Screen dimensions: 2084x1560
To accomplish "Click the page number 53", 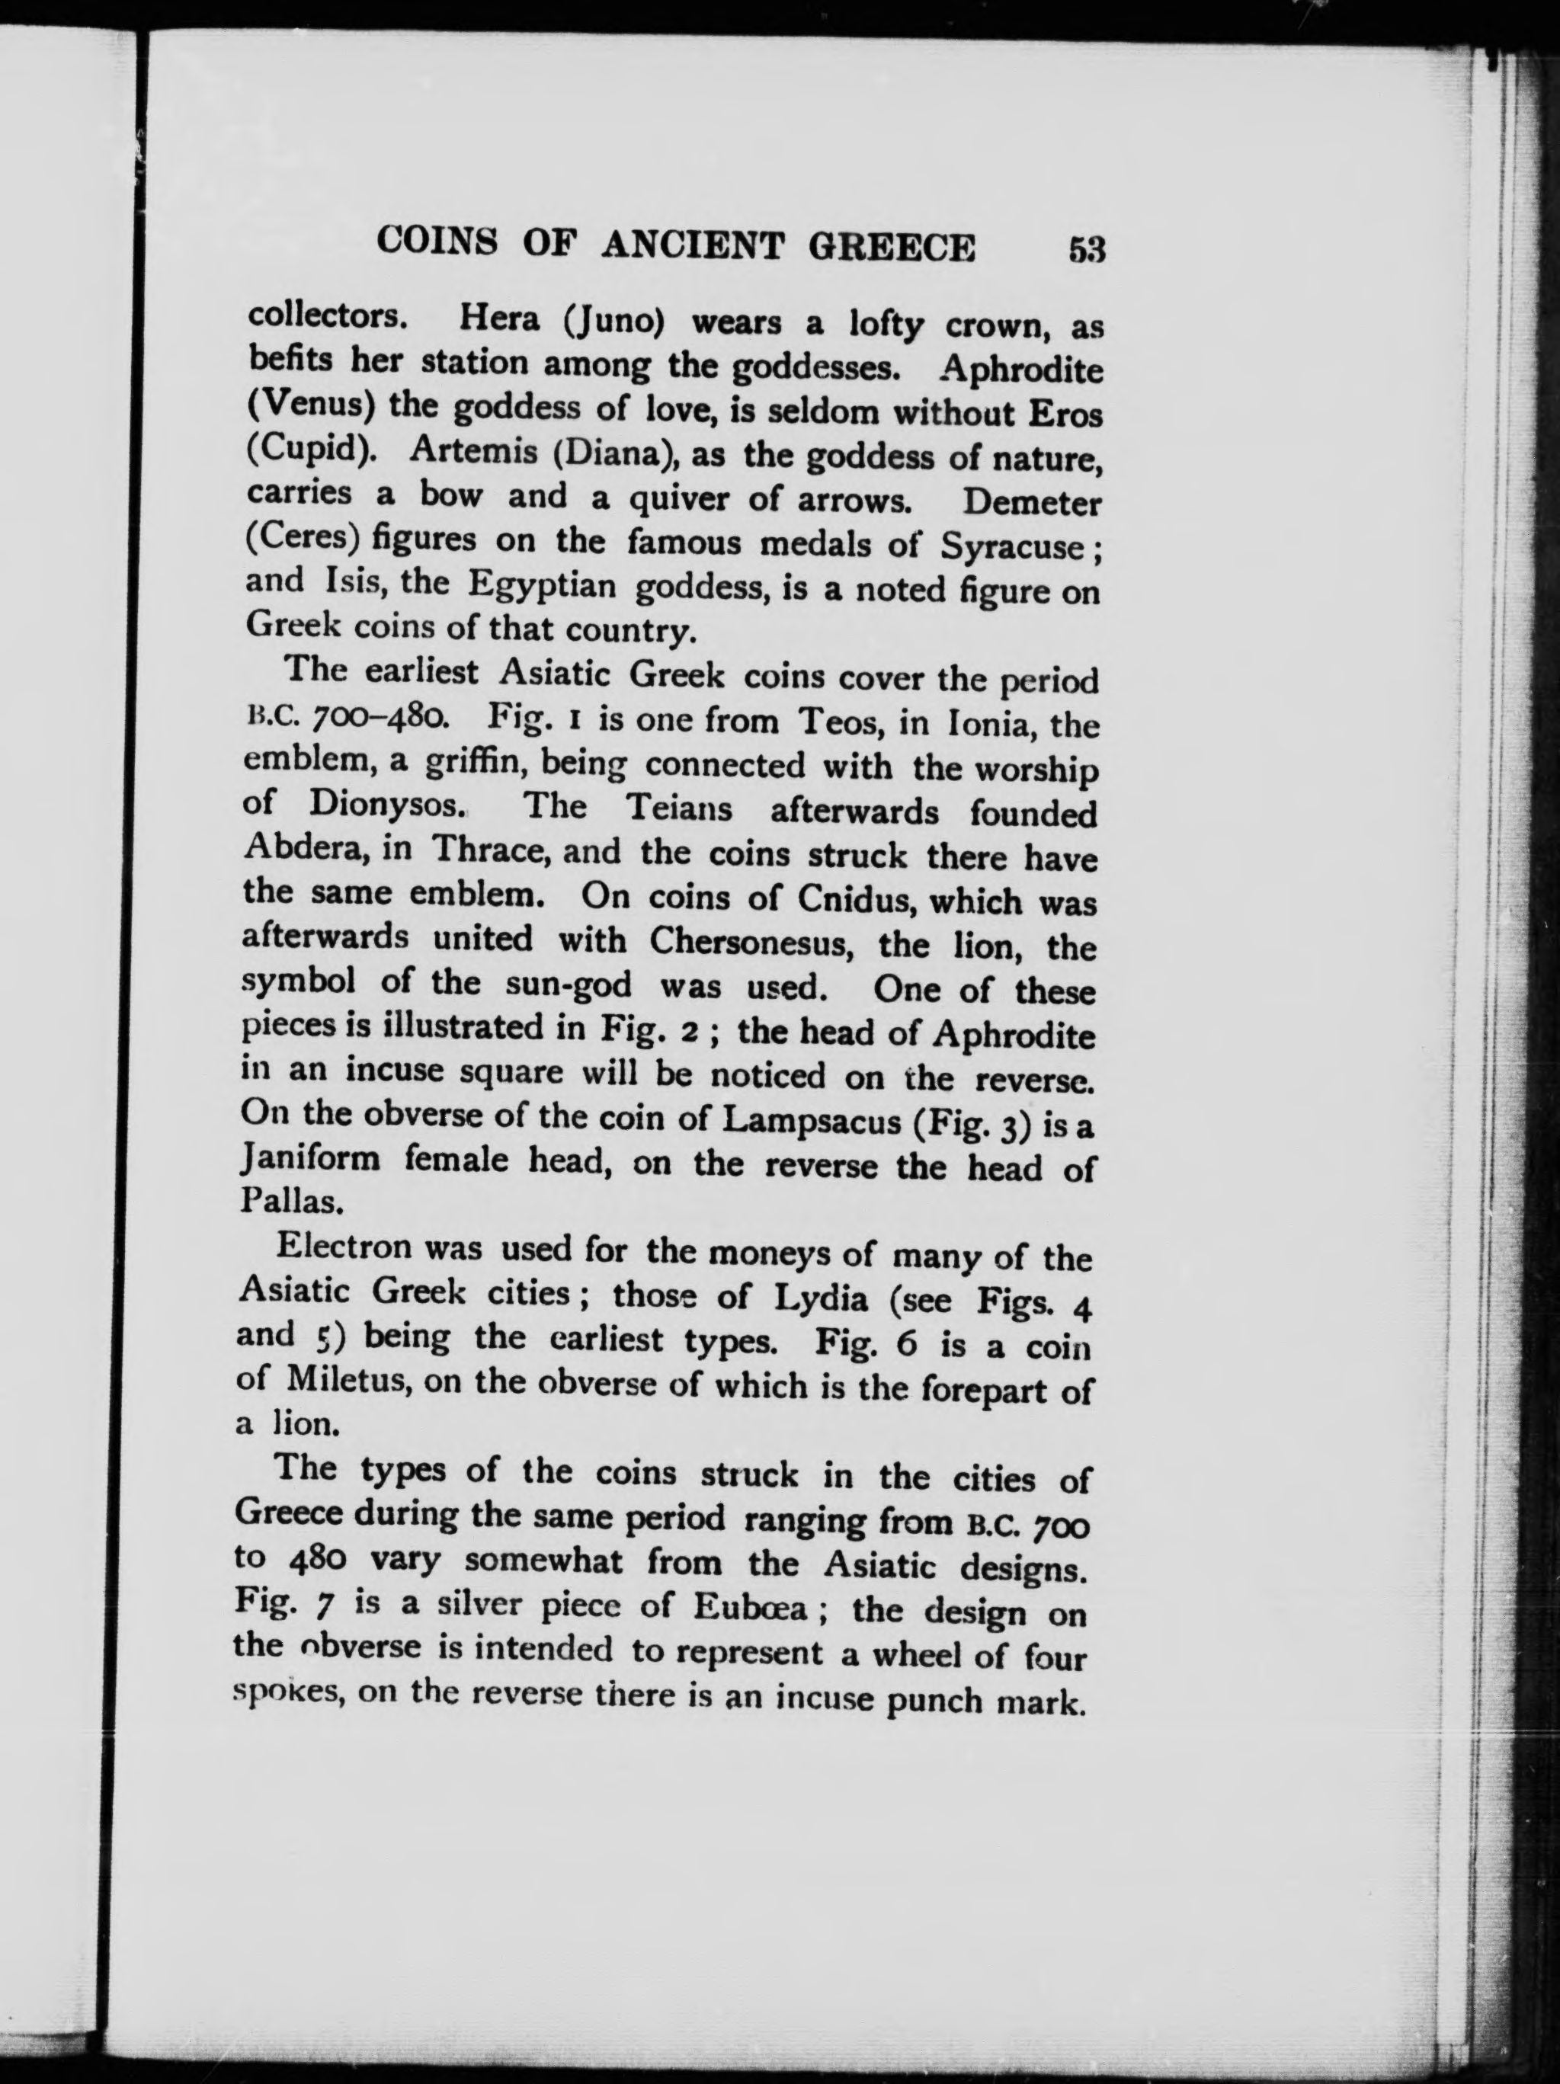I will point(1085,251).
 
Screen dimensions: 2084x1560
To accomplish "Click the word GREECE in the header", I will point(892,247).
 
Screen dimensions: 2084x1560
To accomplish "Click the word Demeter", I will point(1032,502).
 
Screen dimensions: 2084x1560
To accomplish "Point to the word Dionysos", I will point(384,806).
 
